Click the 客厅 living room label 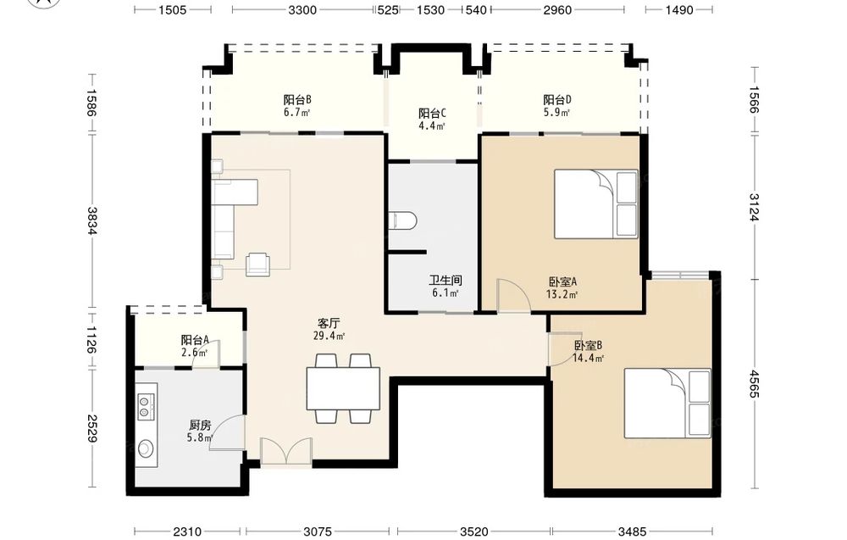pyautogui.click(x=329, y=323)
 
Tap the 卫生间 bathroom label pyautogui.click(x=446, y=281)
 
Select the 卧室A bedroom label pyautogui.click(x=563, y=281)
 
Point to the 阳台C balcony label pyautogui.click(x=432, y=114)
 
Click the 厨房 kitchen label pyautogui.click(x=200, y=425)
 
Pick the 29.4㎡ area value pyautogui.click(x=329, y=337)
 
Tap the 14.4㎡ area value pyautogui.click(x=589, y=358)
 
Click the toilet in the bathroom pyautogui.click(x=403, y=220)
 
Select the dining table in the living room pyautogui.click(x=343, y=388)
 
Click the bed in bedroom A pyautogui.click(x=596, y=203)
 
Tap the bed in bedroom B pyautogui.click(x=667, y=404)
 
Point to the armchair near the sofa pyautogui.click(x=257, y=264)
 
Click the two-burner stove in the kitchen pyautogui.click(x=146, y=407)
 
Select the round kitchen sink pyautogui.click(x=146, y=448)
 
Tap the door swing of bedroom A pyautogui.click(x=514, y=295)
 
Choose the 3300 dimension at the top pyautogui.click(x=302, y=9)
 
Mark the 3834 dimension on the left pyautogui.click(x=91, y=221)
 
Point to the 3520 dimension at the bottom pyautogui.click(x=474, y=532)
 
